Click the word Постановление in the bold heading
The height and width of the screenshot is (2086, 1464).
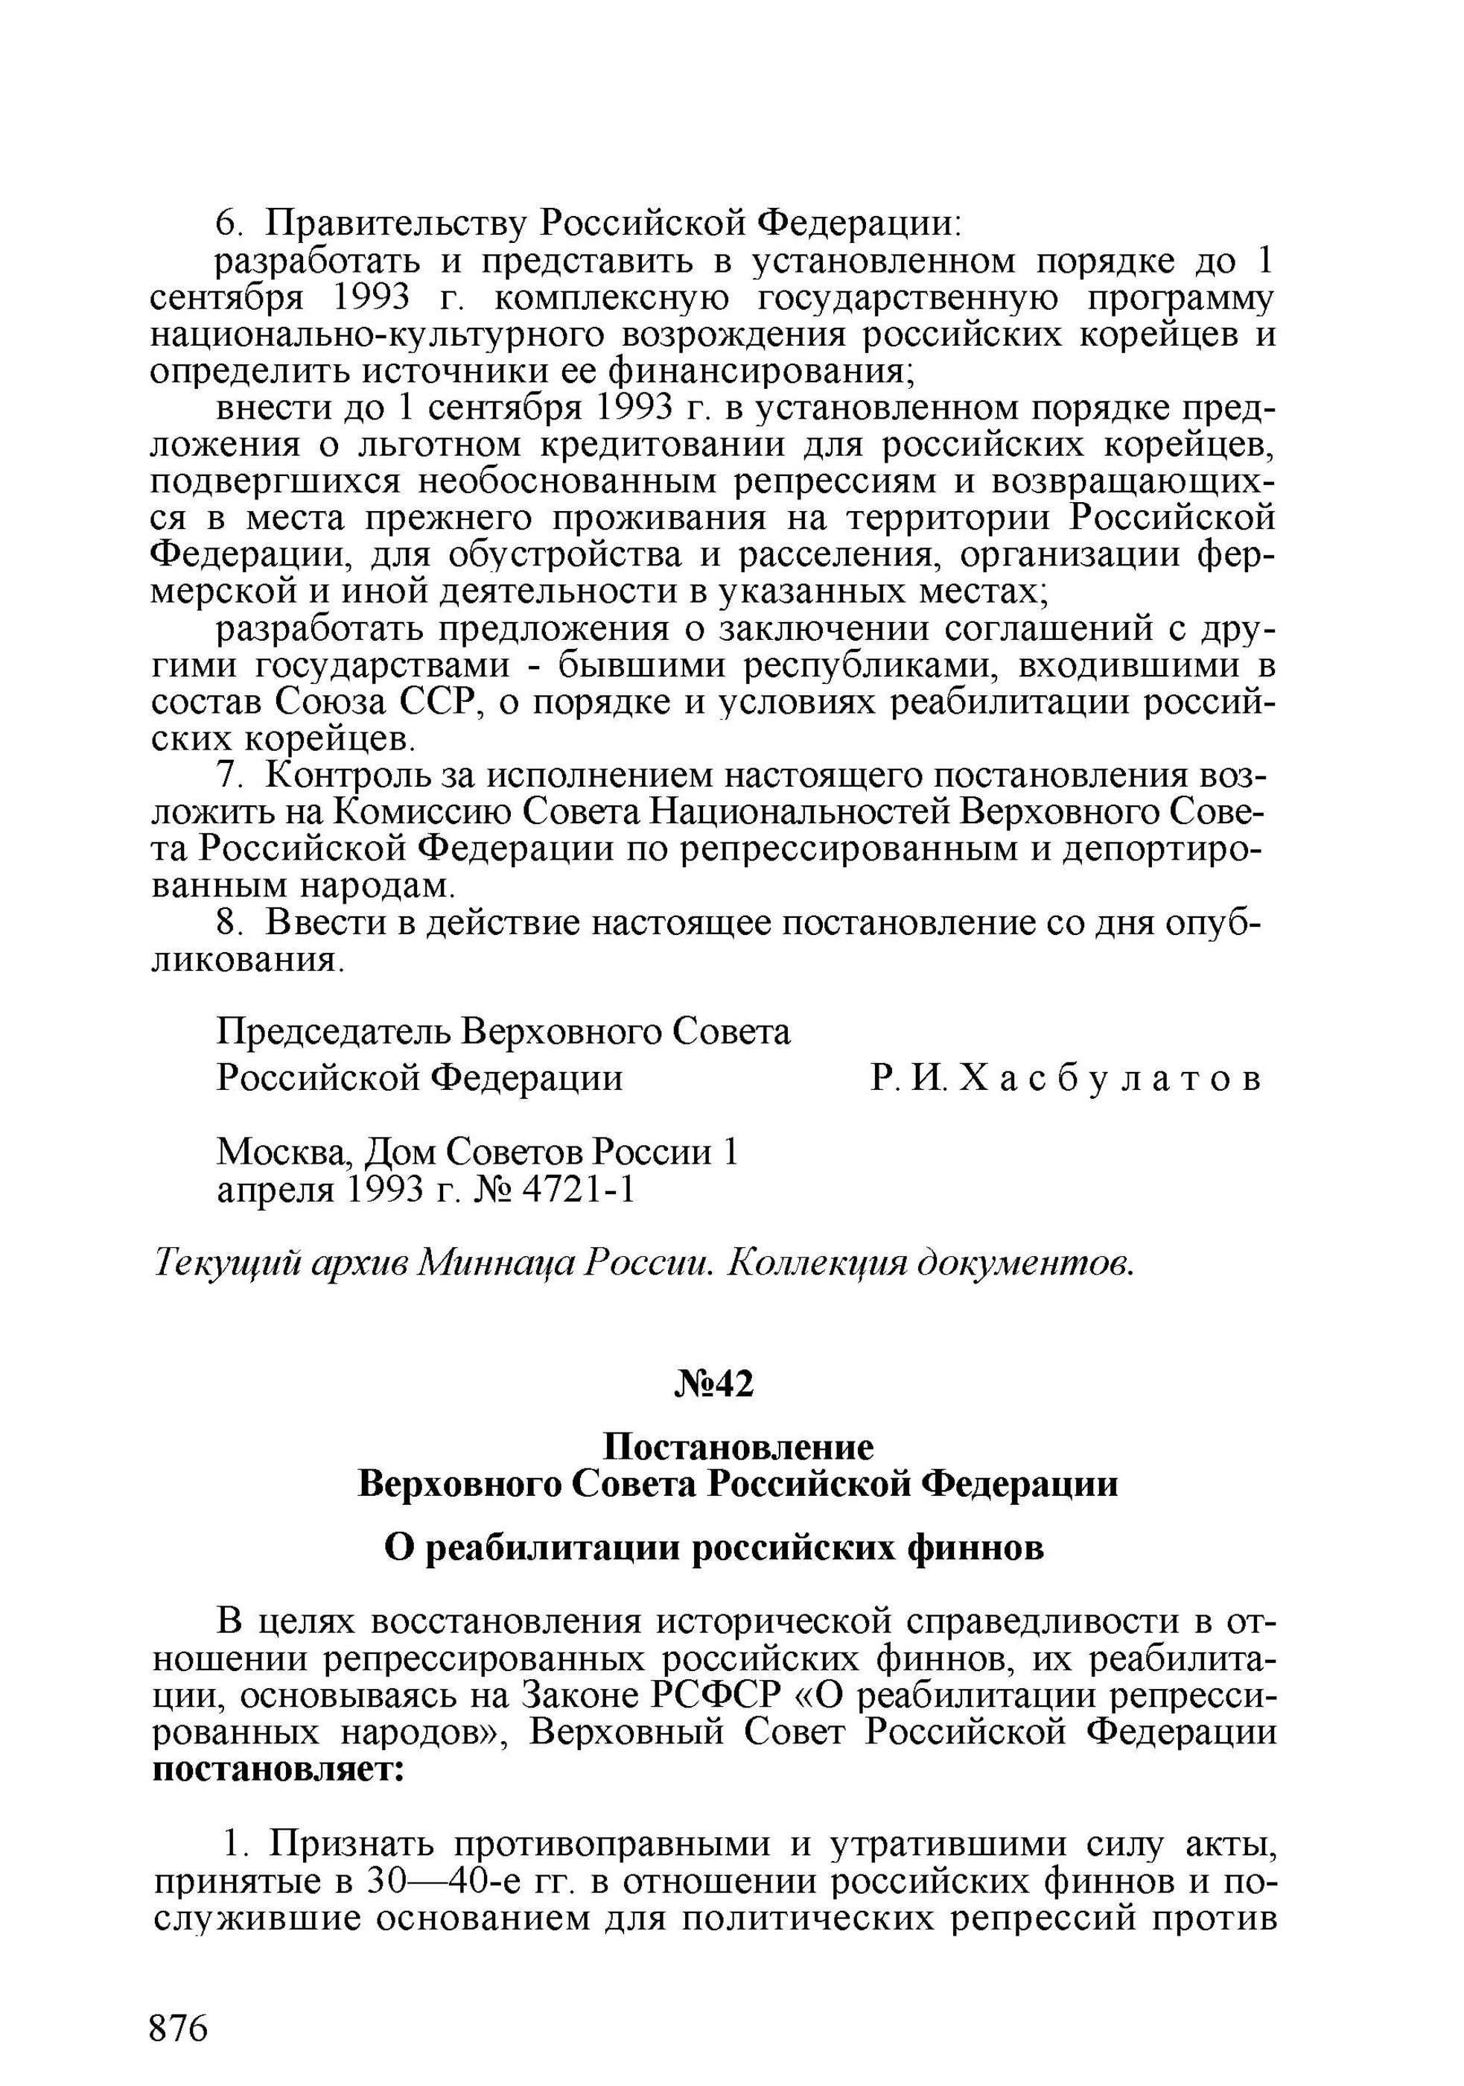739,1446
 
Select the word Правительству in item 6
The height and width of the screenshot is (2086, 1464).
396,223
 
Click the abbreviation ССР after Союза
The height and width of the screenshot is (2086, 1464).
439,703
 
